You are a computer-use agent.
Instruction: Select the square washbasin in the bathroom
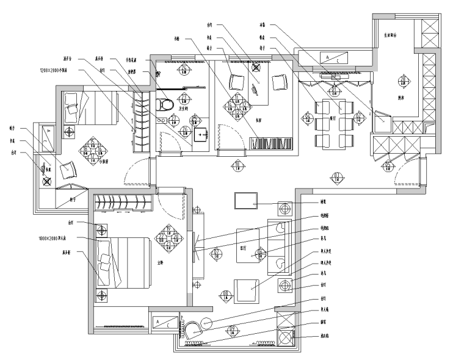point(200,134)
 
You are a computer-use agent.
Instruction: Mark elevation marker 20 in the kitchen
point(403,80)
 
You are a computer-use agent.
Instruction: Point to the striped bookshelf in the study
point(273,143)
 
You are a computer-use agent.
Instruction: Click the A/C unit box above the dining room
point(335,59)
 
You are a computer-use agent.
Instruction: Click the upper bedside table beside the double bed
point(102,229)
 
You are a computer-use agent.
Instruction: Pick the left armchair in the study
point(236,83)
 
